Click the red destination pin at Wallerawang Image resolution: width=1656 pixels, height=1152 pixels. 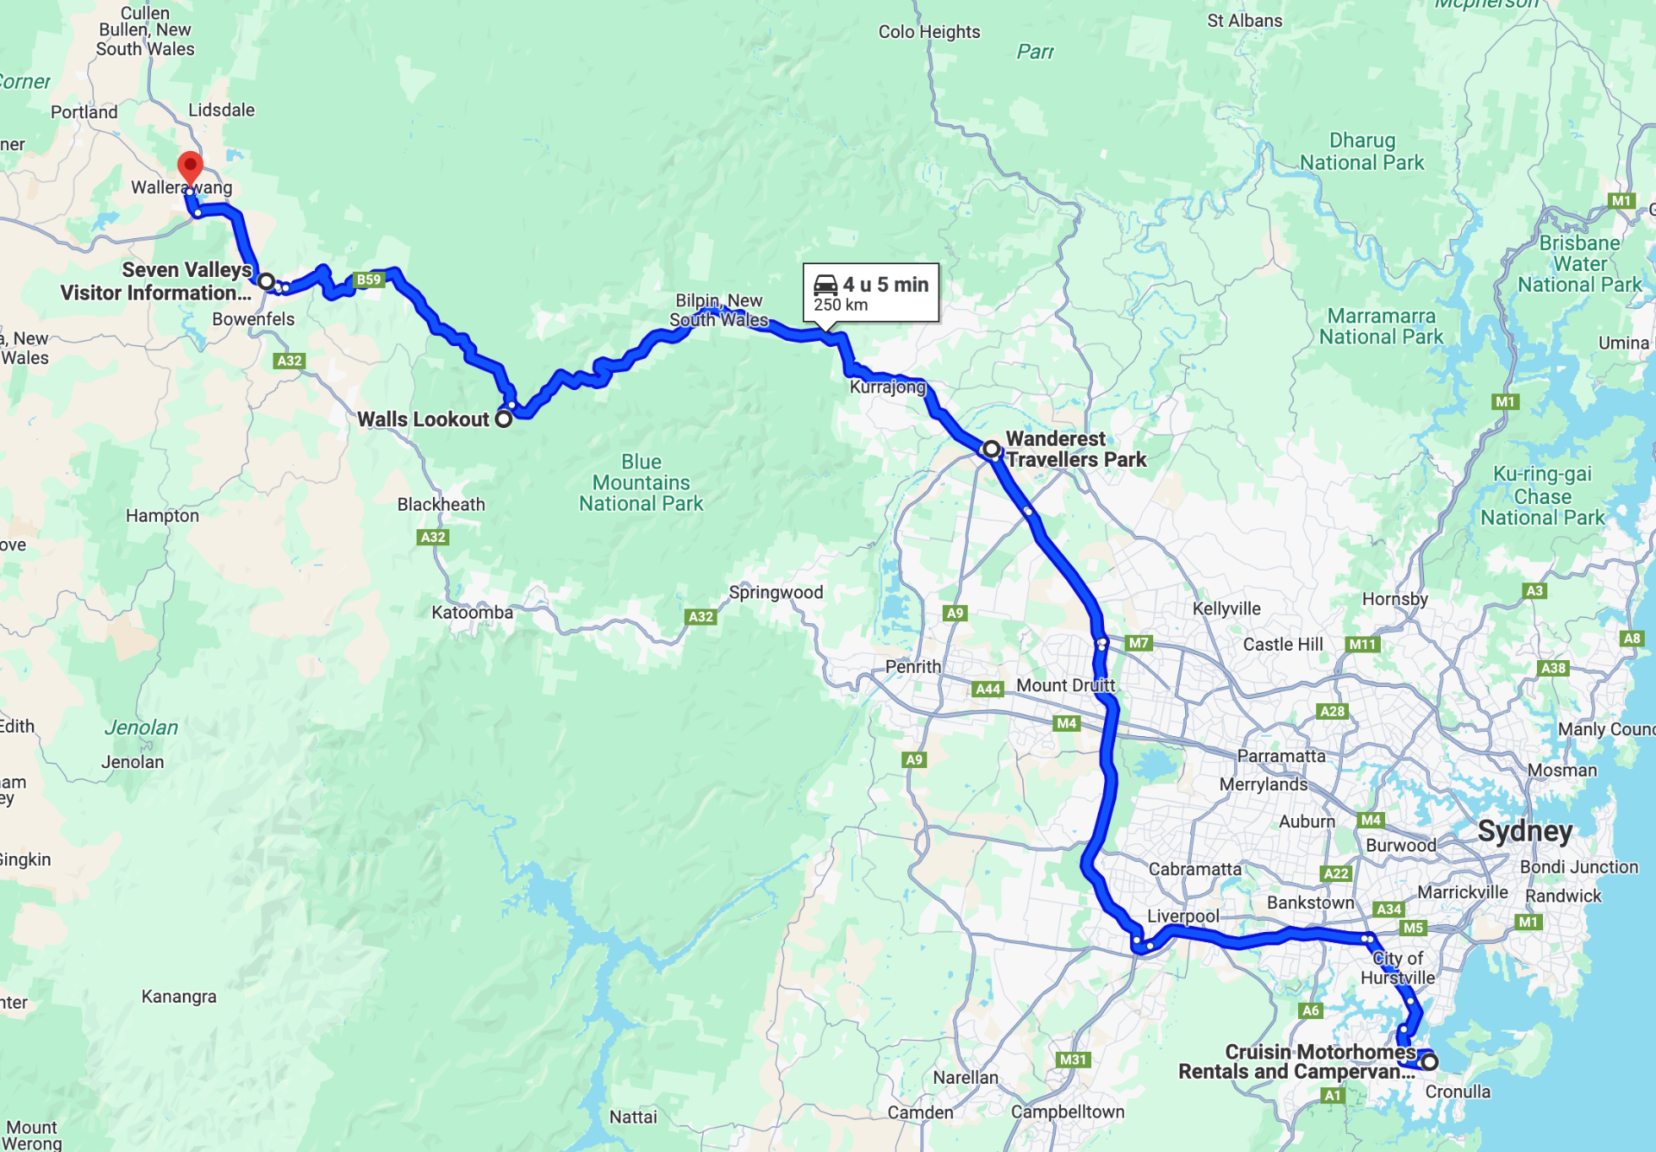click(190, 166)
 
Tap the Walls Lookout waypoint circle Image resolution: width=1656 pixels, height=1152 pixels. click(504, 419)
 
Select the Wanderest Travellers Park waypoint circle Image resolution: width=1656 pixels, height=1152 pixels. click(991, 449)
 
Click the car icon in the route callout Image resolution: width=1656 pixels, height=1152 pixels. click(825, 285)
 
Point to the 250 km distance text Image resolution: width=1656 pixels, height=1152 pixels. click(840, 305)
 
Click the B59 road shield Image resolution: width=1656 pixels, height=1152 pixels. click(368, 280)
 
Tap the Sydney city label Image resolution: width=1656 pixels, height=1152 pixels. click(1524, 831)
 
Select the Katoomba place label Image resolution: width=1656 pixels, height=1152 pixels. click(472, 613)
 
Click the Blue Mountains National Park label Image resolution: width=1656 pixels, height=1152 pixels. click(641, 482)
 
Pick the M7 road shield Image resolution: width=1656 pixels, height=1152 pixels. click(1138, 643)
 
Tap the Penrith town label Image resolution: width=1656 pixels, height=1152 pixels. click(913, 666)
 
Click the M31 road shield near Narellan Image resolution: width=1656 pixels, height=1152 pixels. click(1072, 1060)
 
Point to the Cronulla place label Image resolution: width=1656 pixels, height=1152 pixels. click(1457, 1092)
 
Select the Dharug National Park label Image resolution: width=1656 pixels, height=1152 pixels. click(1361, 152)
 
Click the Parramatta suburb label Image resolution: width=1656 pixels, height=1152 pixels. click(1281, 756)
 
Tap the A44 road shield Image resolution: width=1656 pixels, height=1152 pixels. click(988, 689)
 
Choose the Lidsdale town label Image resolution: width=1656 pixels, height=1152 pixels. click(222, 110)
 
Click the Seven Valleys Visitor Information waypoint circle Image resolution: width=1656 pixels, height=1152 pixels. click(267, 281)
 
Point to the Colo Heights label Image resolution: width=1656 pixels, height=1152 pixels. click(929, 32)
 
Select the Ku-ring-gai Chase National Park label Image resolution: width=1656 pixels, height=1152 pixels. click(1542, 496)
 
